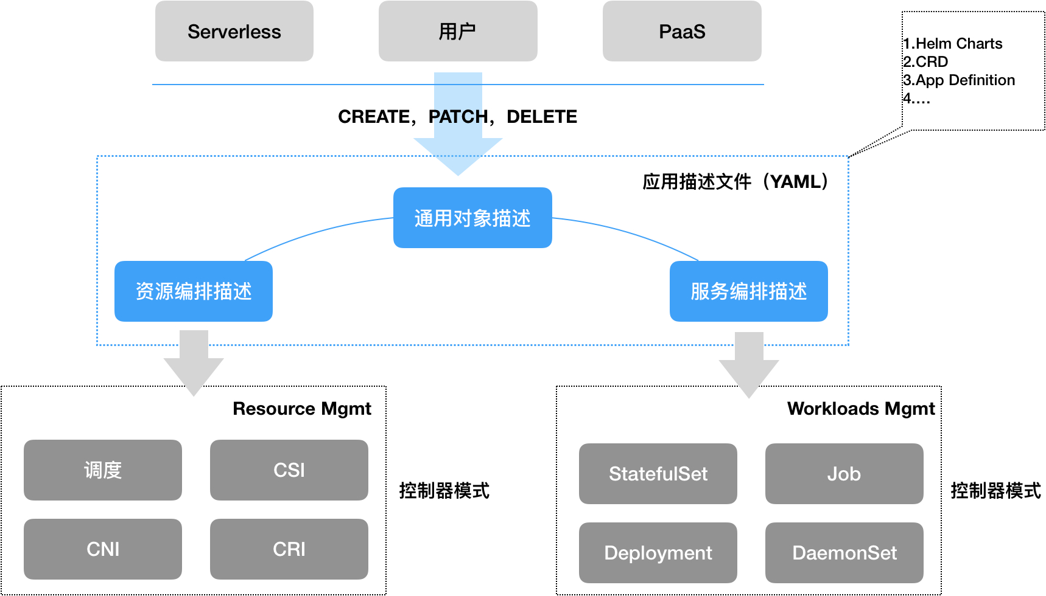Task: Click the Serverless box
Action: (234, 32)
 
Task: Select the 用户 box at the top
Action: (457, 32)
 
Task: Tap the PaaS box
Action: (681, 32)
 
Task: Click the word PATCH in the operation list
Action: (458, 117)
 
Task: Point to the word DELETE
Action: (541, 117)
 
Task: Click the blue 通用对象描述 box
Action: (472, 218)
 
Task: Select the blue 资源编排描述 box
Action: (194, 291)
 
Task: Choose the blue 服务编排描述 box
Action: (748, 291)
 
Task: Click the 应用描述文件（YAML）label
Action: (735, 182)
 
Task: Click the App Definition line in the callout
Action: (959, 80)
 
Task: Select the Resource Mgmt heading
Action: (301, 409)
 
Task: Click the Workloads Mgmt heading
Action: (860, 409)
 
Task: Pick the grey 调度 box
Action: (103, 470)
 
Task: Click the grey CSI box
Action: (289, 470)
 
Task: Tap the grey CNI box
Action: (103, 549)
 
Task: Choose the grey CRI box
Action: (289, 549)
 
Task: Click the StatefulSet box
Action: (658, 474)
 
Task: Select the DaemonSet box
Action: (844, 553)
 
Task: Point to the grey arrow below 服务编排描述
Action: (749, 365)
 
